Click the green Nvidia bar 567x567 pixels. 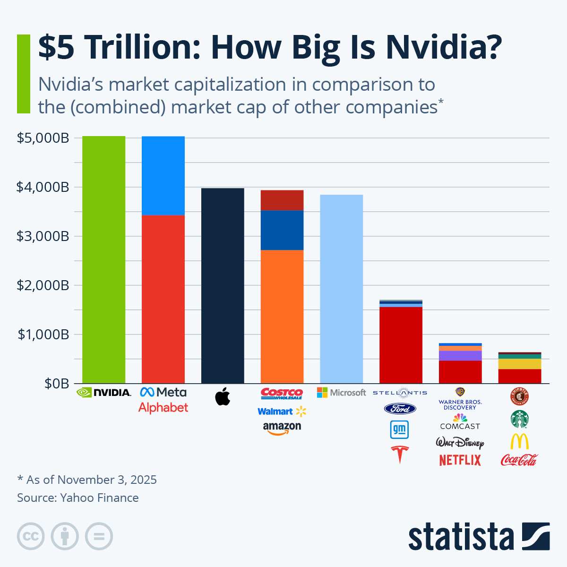coord(103,260)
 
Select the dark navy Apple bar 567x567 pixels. coord(223,286)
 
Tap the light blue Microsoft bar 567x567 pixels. coord(341,289)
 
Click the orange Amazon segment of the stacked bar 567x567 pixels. coord(282,317)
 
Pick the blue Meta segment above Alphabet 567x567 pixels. coord(163,176)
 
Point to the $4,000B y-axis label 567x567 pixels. coord(43,187)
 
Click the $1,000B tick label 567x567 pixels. coord(43,335)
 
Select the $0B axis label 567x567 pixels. coord(57,384)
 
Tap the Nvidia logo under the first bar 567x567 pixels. coord(104,392)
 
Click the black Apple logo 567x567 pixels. coord(223,396)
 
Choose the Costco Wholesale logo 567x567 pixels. coord(282,393)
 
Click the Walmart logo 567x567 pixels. coord(282,411)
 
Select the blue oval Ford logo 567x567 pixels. coord(400,409)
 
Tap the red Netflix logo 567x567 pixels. coord(460,460)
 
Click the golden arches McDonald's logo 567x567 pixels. coord(519,441)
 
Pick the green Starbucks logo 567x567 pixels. coord(519,419)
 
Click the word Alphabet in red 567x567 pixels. coord(163,407)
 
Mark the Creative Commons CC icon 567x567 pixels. coord(31,536)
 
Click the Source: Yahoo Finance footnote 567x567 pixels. coord(78,498)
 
